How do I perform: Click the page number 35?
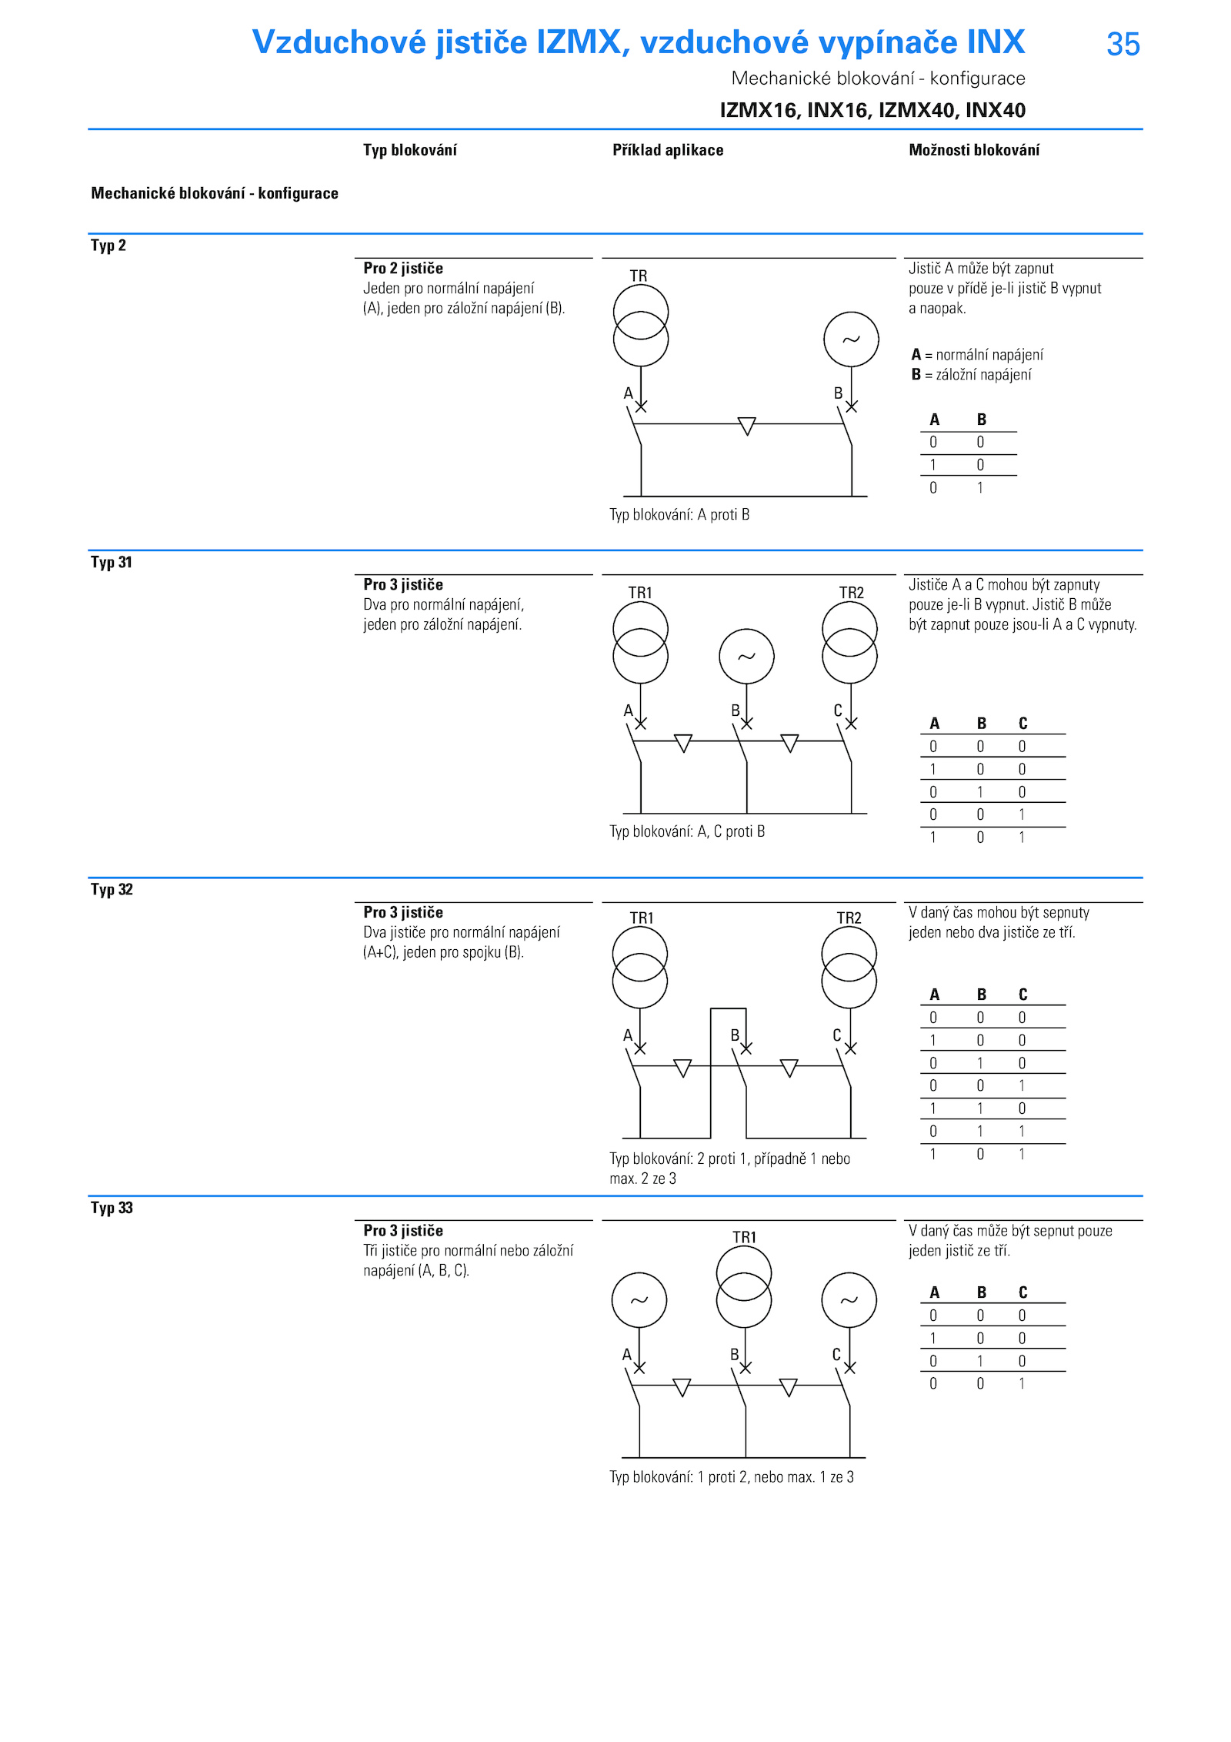pos(1123,44)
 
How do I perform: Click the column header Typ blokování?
pos(409,150)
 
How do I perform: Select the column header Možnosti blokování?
pos(973,150)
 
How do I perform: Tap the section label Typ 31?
pos(112,562)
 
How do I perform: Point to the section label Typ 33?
pos(112,1207)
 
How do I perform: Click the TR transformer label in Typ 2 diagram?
pos(639,276)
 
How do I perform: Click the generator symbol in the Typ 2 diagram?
pos(851,339)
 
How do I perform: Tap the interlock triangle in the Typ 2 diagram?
pos(746,426)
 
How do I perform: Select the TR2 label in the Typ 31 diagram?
pos(851,593)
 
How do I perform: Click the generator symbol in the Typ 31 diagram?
pos(746,656)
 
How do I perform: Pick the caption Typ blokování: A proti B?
pos(679,514)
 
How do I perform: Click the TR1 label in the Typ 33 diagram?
pos(744,1237)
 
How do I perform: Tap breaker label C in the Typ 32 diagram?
pos(836,1035)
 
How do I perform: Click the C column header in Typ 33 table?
pos(1022,1292)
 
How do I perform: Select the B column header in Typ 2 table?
pos(981,420)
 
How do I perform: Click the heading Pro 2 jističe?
pos(403,268)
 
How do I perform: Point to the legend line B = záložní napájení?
pos(971,375)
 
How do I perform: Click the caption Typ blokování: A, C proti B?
pos(687,831)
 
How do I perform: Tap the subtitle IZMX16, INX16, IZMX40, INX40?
pos(872,110)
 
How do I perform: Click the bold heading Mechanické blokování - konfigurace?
pos(215,193)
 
